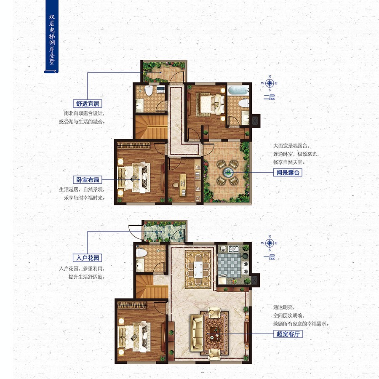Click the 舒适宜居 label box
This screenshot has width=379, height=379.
click(88, 104)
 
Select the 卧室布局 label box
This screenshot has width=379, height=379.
click(88, 180)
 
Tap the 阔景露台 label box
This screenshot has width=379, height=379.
click(288, 173)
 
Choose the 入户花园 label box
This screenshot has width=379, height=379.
click(88, 258)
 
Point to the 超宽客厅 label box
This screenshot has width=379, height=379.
click(288, 334)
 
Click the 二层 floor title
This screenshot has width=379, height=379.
click(269, 97)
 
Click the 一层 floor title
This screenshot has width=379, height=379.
click(269, 257)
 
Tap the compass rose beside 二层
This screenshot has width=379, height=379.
click(270, 83)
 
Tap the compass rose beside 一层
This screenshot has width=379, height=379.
click(270, 243)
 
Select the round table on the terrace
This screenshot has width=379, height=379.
click(228, 172)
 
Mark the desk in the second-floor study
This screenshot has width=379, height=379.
click(183, 184)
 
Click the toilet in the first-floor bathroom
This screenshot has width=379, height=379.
click(141, 253)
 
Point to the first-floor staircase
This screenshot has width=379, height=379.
click(152, 287)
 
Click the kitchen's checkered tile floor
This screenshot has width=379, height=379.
click(229, 265)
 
